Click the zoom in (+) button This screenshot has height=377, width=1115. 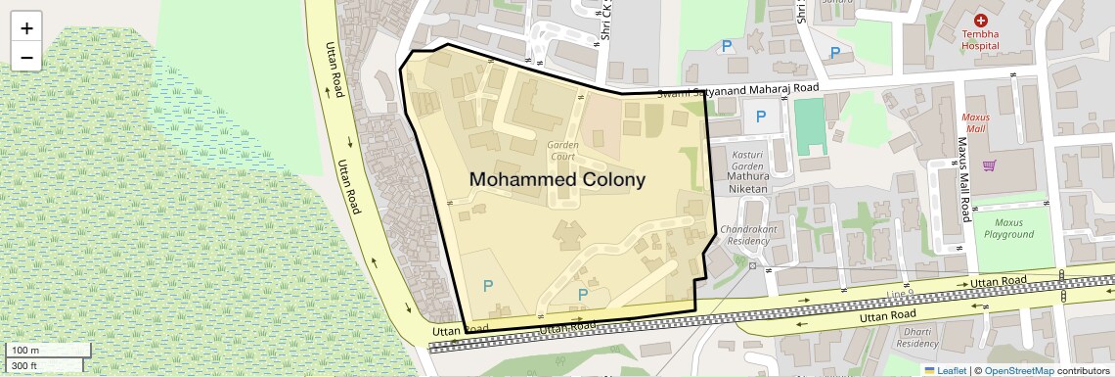[x=26, y=28]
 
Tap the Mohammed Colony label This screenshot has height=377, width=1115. [x=557, y=180]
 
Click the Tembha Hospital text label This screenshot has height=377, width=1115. [x=980, y=39]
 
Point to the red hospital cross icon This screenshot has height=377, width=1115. [x=981, y=21]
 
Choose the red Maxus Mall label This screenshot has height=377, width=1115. [x=976, y=122]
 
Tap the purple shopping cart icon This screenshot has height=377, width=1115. [x=989, y=165]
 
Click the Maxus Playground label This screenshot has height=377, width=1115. [x=1008, y=228]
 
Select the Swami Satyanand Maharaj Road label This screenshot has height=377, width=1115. [x=737, y=90]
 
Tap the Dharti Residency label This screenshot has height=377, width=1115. [x=916, y=338]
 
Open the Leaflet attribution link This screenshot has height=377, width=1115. [x=944, y=370]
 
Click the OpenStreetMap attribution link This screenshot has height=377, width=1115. [x=1018, y=370]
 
